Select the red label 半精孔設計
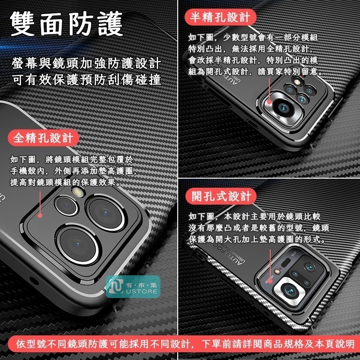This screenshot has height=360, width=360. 221,17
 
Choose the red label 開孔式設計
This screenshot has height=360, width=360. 221,196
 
